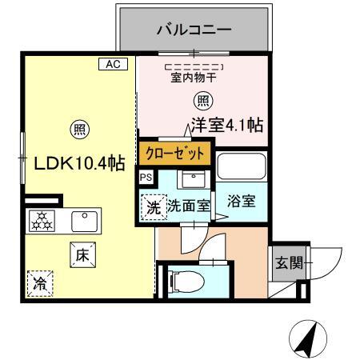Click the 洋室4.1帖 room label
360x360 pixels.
pyautogui.click(x=228, y=126)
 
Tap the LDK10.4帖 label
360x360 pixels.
pyautogui.click(x=78, y=162)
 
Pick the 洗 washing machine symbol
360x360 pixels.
pyautogui.click(x=152, y=206)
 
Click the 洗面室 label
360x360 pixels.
pyautogui.click(x=189, y=206)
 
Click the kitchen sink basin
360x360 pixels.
pyautogui.click(x=82, y=220)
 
